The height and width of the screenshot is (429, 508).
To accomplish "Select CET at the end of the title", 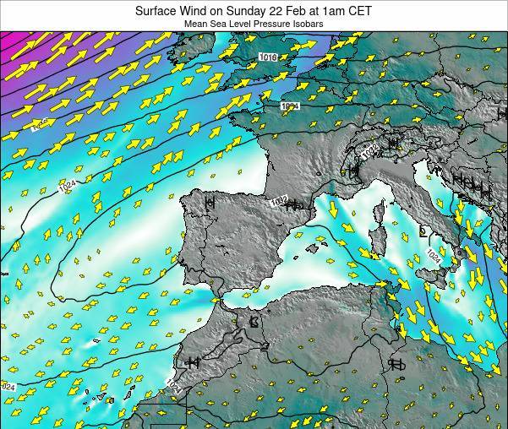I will point(358,11).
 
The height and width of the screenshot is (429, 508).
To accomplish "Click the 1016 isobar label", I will point(268,57).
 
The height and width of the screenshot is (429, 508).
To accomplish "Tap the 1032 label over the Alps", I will point(369,153).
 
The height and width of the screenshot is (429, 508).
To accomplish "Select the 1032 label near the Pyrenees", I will point(280,200).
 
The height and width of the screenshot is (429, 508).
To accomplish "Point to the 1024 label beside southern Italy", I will point(433,254).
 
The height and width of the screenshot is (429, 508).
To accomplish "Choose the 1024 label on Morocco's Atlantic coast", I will point(173,385).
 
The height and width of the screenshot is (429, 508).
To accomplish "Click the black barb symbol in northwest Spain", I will point(209,203).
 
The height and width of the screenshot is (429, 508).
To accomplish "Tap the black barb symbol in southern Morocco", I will point(192,362).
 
